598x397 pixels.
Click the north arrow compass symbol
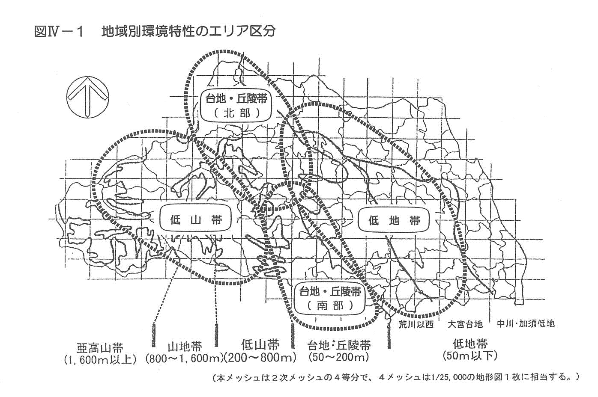click(88, 97)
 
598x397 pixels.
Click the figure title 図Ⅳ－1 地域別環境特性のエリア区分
click(155, 32)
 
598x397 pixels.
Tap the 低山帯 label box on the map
click(195, 218)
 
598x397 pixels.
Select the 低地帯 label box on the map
click(394, 220)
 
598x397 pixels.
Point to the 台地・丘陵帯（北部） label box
click(236, 106)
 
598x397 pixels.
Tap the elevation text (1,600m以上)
click(100, 360)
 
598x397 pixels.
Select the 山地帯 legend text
click(185, 347)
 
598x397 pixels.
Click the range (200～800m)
click(260, 358)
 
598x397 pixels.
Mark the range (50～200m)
click(339, 357)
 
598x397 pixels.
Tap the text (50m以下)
click(470, 356)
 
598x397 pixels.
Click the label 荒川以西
click(416, 324)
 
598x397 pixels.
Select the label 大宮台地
click(465, 324)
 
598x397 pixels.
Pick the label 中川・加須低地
click(526, 324)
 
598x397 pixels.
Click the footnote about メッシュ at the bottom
click(396, 377)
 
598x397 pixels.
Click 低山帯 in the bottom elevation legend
click(260, 344)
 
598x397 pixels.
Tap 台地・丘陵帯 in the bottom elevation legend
click(339, 345)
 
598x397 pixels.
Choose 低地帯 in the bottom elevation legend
click(470, 344)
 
